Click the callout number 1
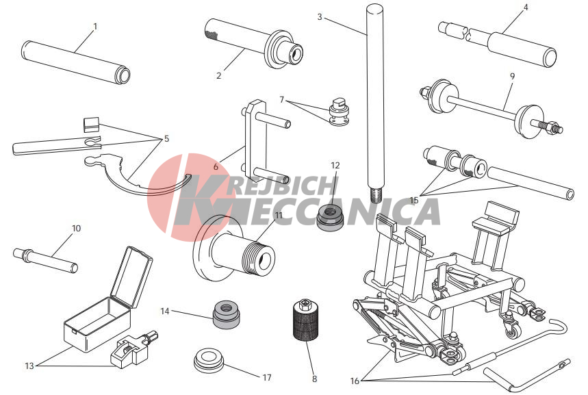click(x=95, y=27)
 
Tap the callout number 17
click(x=267, y=377)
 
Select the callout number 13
click(x=29, y=366)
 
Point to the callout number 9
click(x=512, y=76)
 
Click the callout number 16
click(x=355, y=381)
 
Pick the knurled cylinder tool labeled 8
click(x=305, y=320)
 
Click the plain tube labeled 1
click(x=76, y=63)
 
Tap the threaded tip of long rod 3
click(x=376, y=195)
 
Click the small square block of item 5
click(x=91, y=125)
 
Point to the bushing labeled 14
click(x=227, y=314)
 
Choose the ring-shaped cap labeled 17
click(x=209, y=361)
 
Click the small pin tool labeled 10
click(x=45, y=260)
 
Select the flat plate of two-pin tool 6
click(x=256, y=140)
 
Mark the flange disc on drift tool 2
click(x=277, y=49)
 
